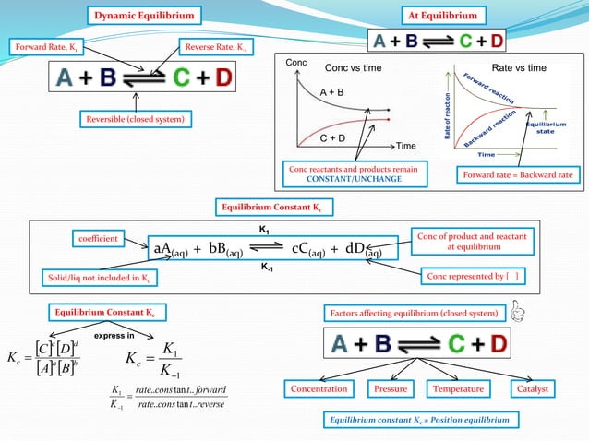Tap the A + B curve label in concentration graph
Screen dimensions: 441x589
click(332, 93)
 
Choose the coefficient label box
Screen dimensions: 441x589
click(97, 239)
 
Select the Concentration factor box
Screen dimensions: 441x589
click(319, 389)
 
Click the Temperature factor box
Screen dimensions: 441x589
click(458, 389)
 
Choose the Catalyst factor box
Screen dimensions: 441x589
click(532, 389)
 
